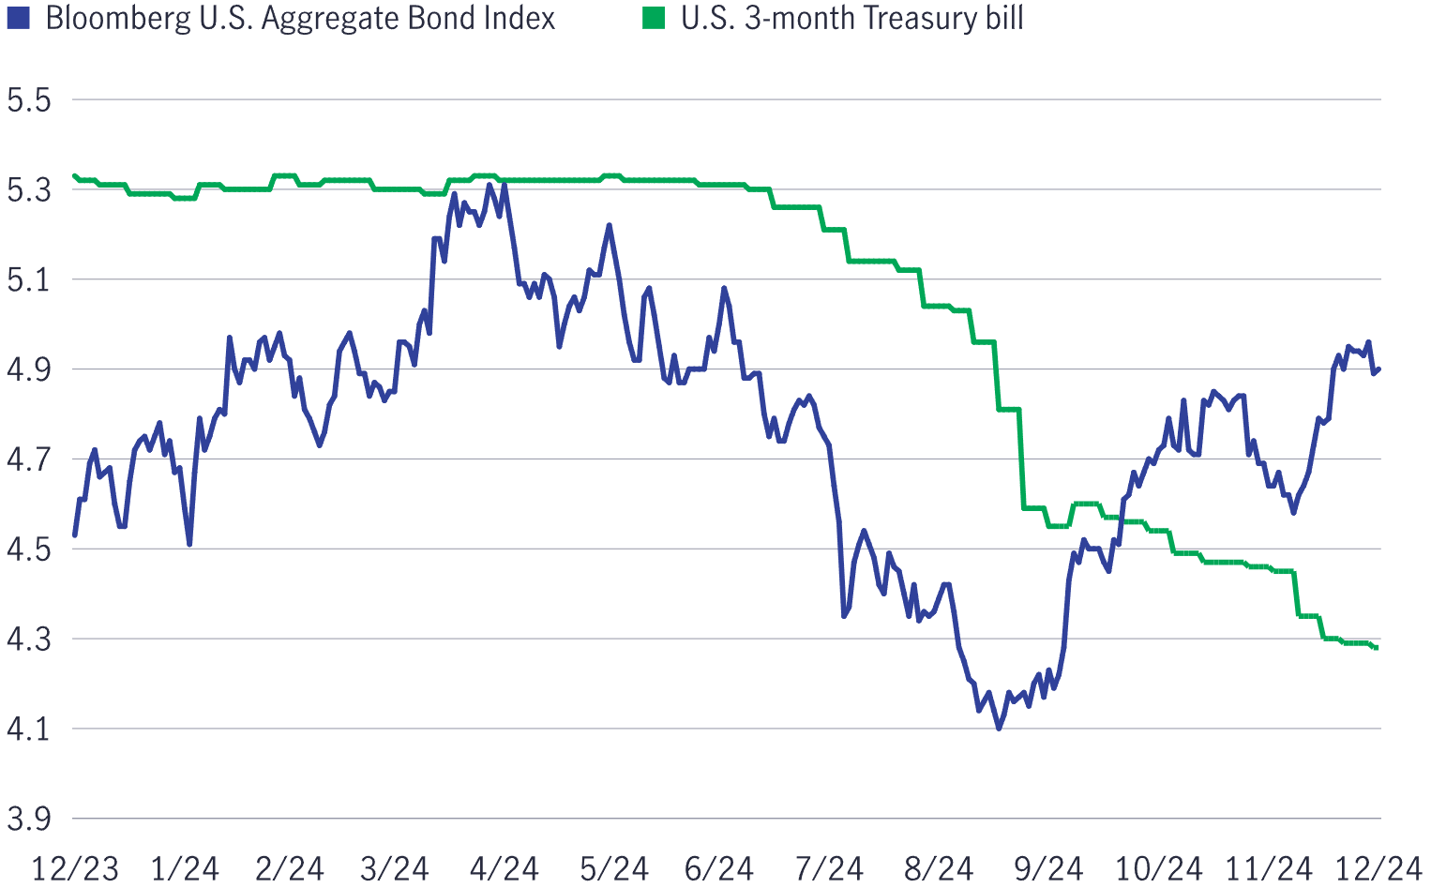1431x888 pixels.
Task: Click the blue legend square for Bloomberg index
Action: pos(18,18)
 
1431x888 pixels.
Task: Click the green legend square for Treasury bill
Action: pos(654,18)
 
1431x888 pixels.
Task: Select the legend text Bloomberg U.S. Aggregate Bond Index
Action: pos(300,19)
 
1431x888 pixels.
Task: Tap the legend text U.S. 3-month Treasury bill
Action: pos(852,19)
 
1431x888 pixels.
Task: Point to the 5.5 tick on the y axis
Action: pos(28,100)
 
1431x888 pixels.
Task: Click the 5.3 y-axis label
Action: pos(28,190)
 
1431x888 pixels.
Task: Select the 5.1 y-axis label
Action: pos(28,280)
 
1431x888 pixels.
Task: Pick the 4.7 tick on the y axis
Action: pos(28,460)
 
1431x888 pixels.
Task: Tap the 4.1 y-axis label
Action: pos(28,730)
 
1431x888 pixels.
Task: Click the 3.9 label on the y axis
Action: pos(28,820)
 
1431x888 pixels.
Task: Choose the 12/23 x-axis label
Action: pos(75,868)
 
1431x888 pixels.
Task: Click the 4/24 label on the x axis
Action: pos(504,868)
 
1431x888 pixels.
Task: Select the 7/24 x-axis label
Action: pos(829,868)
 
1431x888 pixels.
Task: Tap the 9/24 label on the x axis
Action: pos(1047,868)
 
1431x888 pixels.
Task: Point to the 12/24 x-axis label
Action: pos(1378,868)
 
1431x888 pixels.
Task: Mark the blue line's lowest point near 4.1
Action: pos(999,728)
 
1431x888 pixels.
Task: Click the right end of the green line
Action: pos(1377,647)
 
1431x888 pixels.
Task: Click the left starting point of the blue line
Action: pos(75,534)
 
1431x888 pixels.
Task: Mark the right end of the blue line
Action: pos(1378,369)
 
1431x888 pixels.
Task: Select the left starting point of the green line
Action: pos(75,175)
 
